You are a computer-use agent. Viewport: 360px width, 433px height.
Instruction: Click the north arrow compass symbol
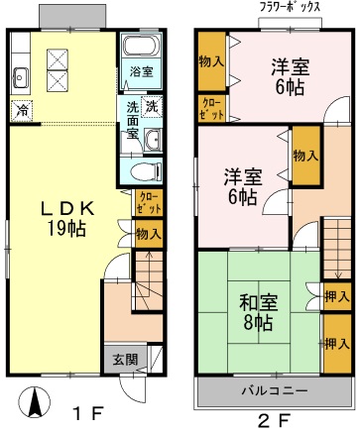34,402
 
